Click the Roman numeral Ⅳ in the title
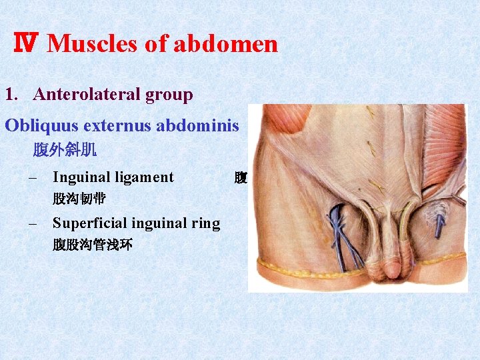coord(26,44)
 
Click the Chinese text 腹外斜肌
coord(65,150)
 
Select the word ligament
coord(145,177)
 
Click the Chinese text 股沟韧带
coord(79,199)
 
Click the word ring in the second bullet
coord(206,223)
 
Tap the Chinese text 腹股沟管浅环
coord(92,245)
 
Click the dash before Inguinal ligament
coord(33,177)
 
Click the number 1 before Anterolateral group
coord(9,95)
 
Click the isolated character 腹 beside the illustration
coord(241,178)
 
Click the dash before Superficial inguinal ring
coord(33,223)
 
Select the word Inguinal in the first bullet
coord(81,177)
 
